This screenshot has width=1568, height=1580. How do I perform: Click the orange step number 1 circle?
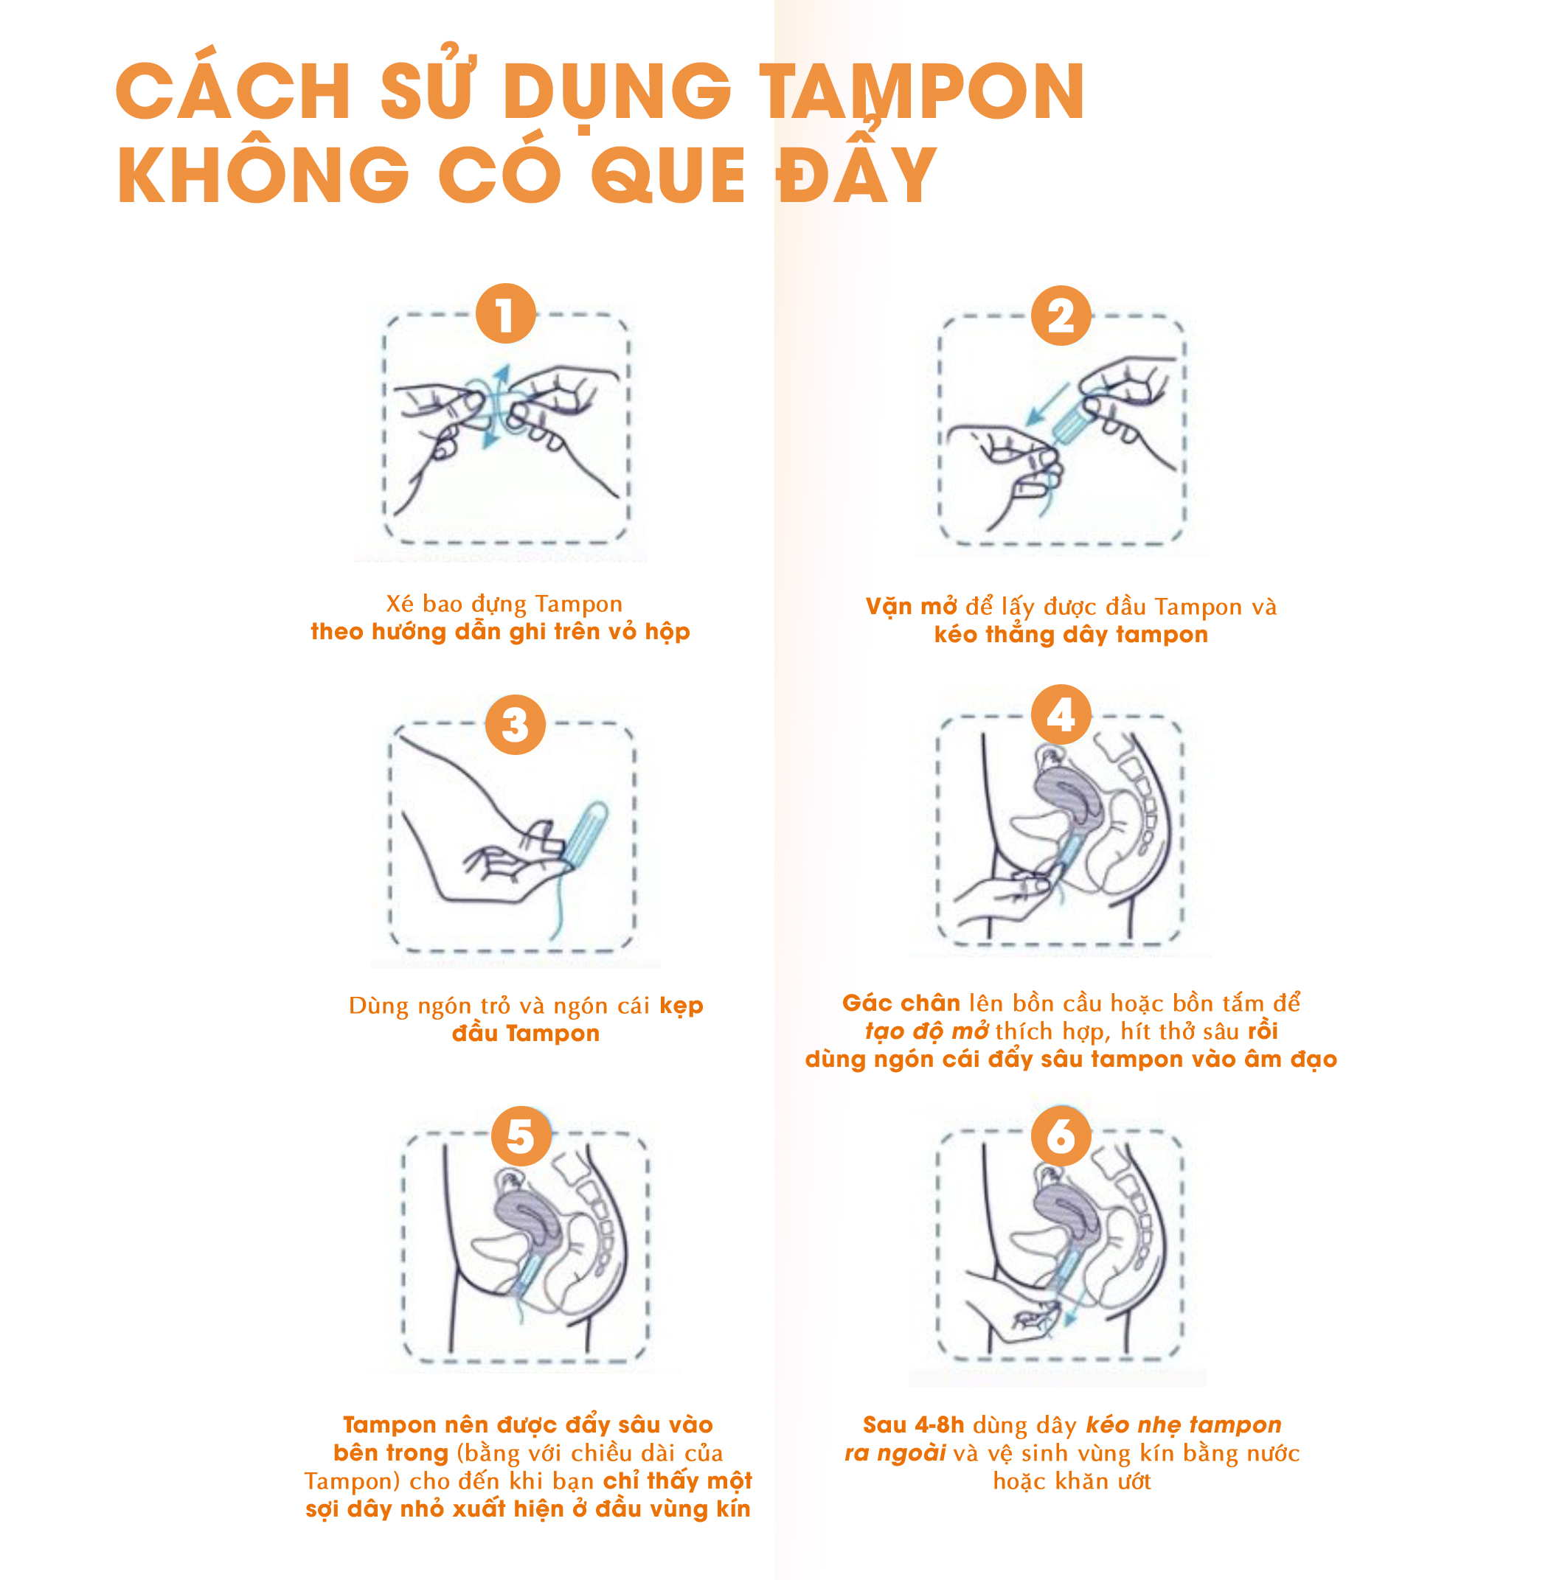click(x=505, y=313)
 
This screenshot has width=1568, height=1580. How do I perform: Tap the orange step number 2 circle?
click(x=1061, y=316)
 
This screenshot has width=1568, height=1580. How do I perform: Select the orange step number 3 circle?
click(x=516, y=725)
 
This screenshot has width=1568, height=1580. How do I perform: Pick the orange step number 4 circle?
click(x=1061, y=714)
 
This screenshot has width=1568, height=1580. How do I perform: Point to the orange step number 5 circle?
click(x=521, y=1136)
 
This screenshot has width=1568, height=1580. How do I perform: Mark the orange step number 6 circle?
click(x=1061, y=1136)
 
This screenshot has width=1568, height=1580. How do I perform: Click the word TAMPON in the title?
click(x=922, y=91)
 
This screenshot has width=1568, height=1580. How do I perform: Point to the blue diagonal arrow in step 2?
click(x=1048, y=403)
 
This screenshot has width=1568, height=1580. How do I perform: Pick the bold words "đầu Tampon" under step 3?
click(x=526, y=1034)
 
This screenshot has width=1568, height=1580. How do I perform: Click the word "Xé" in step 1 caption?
click(x=400, y=605)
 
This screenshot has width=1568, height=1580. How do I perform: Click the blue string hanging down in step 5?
click(x=518, y=1309)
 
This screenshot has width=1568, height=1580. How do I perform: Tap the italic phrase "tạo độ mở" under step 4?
click(x=927, y=1031)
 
